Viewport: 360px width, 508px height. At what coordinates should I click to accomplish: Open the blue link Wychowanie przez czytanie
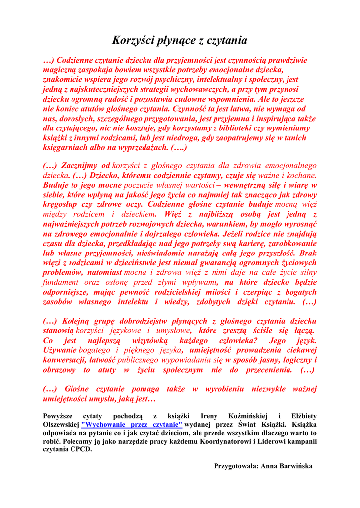point(132,425)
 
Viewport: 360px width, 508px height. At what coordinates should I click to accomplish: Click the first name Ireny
point(208,415)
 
